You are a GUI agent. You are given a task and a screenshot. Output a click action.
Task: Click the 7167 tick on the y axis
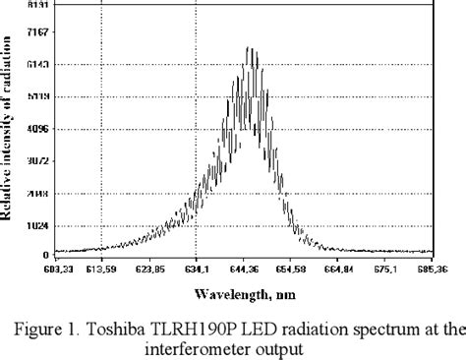[x=36, y=33]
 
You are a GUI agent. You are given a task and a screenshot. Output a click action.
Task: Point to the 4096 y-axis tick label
[x=36, y=129]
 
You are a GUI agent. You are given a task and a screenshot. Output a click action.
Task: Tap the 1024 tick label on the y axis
[x=36, y=224]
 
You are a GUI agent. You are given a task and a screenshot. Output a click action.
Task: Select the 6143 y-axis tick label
[x=36, y=65]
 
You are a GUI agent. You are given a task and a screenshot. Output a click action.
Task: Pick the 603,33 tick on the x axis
[x=55, y=268]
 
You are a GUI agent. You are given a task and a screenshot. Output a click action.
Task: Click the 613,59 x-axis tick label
[x=101, y=268]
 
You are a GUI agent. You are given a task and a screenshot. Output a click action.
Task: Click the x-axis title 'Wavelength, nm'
[x=243, y=294]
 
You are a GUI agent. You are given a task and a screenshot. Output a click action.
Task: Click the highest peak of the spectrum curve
[x=250, y=47]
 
